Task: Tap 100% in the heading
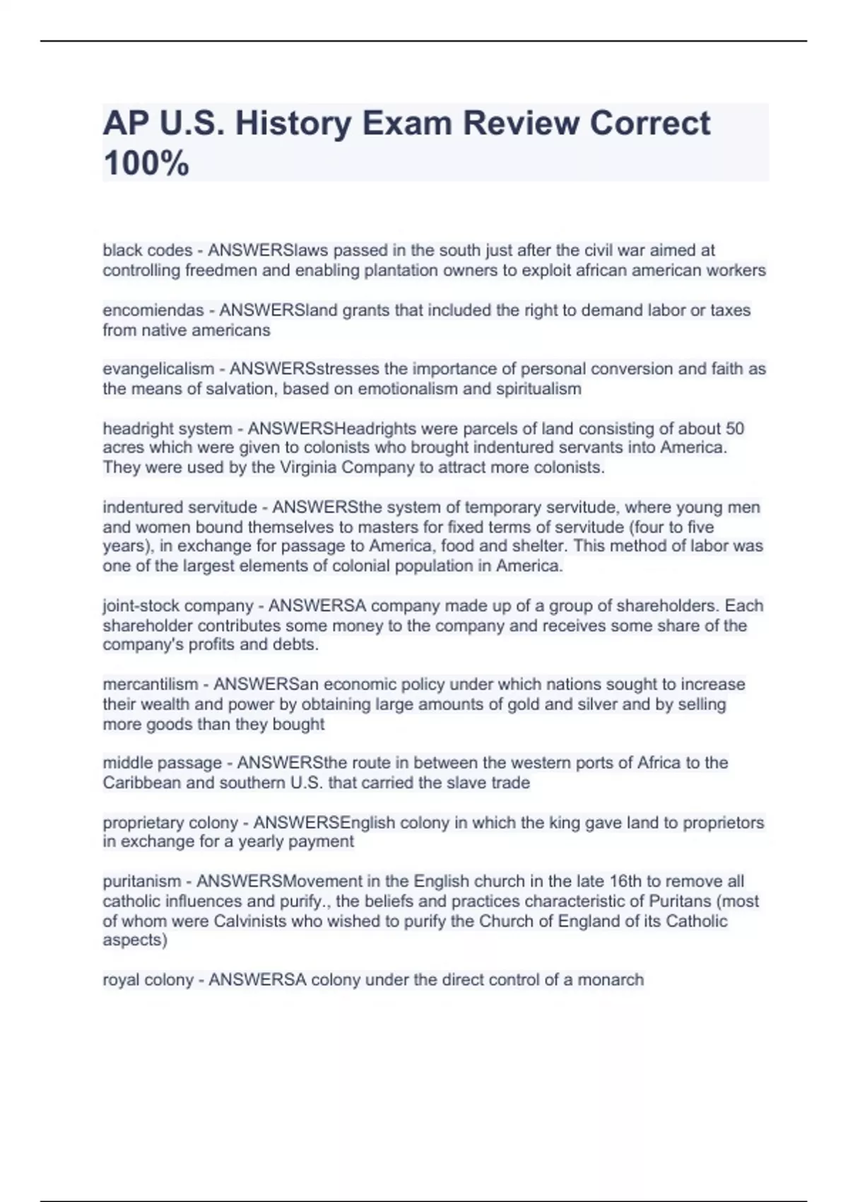pos(146,164)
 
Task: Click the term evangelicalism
pos(158,369)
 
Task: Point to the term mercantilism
pos(151,684)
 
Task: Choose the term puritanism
pos(142,882)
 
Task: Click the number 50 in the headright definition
pos(734,428)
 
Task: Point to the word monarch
pos(611,980)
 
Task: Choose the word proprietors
pos(723,823)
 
